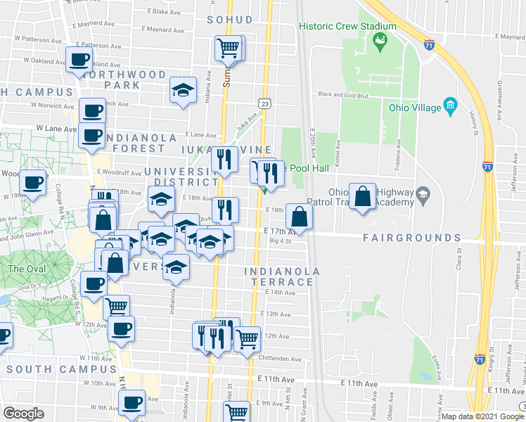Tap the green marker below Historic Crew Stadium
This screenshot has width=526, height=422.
(380, 41)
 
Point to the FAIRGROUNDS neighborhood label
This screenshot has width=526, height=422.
(411, 238)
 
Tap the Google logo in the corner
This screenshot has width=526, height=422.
(24, 414)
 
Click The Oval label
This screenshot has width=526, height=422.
(26, 269)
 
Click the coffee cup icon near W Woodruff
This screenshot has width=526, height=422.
(32, 183)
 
